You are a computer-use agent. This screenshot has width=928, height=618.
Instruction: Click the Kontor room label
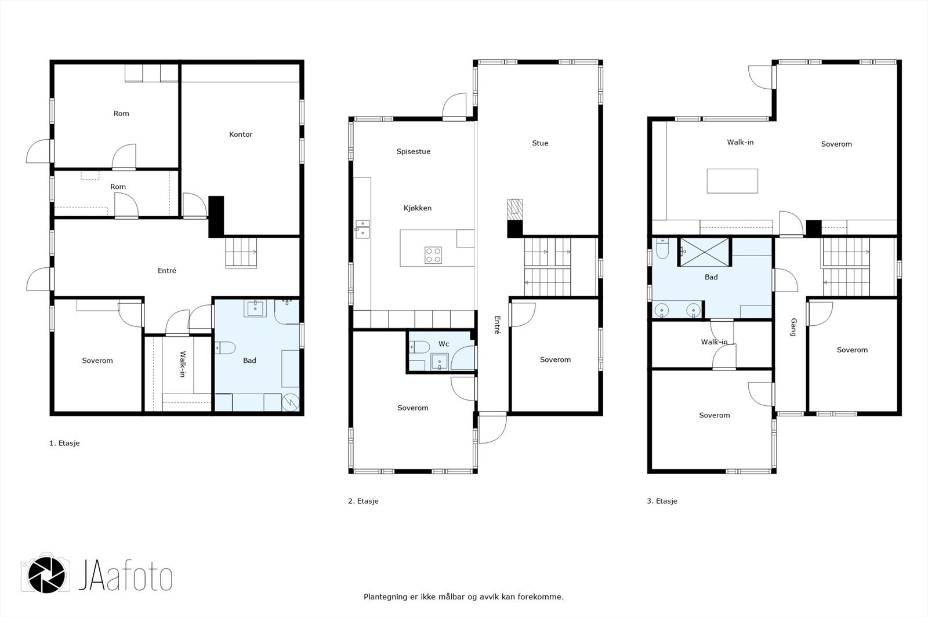click(241, 134)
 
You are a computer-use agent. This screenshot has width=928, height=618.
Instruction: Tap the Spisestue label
click(414, 151)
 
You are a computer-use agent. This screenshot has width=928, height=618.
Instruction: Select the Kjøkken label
click(418, 208)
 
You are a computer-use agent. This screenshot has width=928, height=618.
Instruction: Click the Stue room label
click(540, 143)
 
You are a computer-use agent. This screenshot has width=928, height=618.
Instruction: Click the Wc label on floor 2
click(444, 344)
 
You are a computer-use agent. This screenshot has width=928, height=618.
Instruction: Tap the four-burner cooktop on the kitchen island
click(433, 255)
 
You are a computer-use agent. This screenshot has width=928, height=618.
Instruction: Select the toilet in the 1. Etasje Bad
click(225, 347)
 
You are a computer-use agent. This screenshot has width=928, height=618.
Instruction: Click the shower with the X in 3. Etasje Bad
click(704, 252)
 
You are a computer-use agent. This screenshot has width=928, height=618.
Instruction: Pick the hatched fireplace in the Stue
click(515, 210)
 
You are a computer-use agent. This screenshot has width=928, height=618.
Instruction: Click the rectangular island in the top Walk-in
click(733, 181)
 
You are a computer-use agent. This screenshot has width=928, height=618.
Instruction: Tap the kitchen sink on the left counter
click(362, 229)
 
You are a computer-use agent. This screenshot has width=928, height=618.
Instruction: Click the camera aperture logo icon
click(46, 575)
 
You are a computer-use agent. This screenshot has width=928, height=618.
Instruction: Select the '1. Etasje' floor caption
click(64, 443)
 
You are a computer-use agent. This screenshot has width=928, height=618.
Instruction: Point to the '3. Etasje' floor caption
click(662, 501)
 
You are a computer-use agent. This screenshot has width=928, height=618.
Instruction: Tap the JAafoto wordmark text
click(125, 575)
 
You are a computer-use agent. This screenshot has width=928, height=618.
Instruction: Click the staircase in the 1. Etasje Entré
click(241, 253)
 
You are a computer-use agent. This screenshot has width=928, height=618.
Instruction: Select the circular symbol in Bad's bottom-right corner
click(291, 402)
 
